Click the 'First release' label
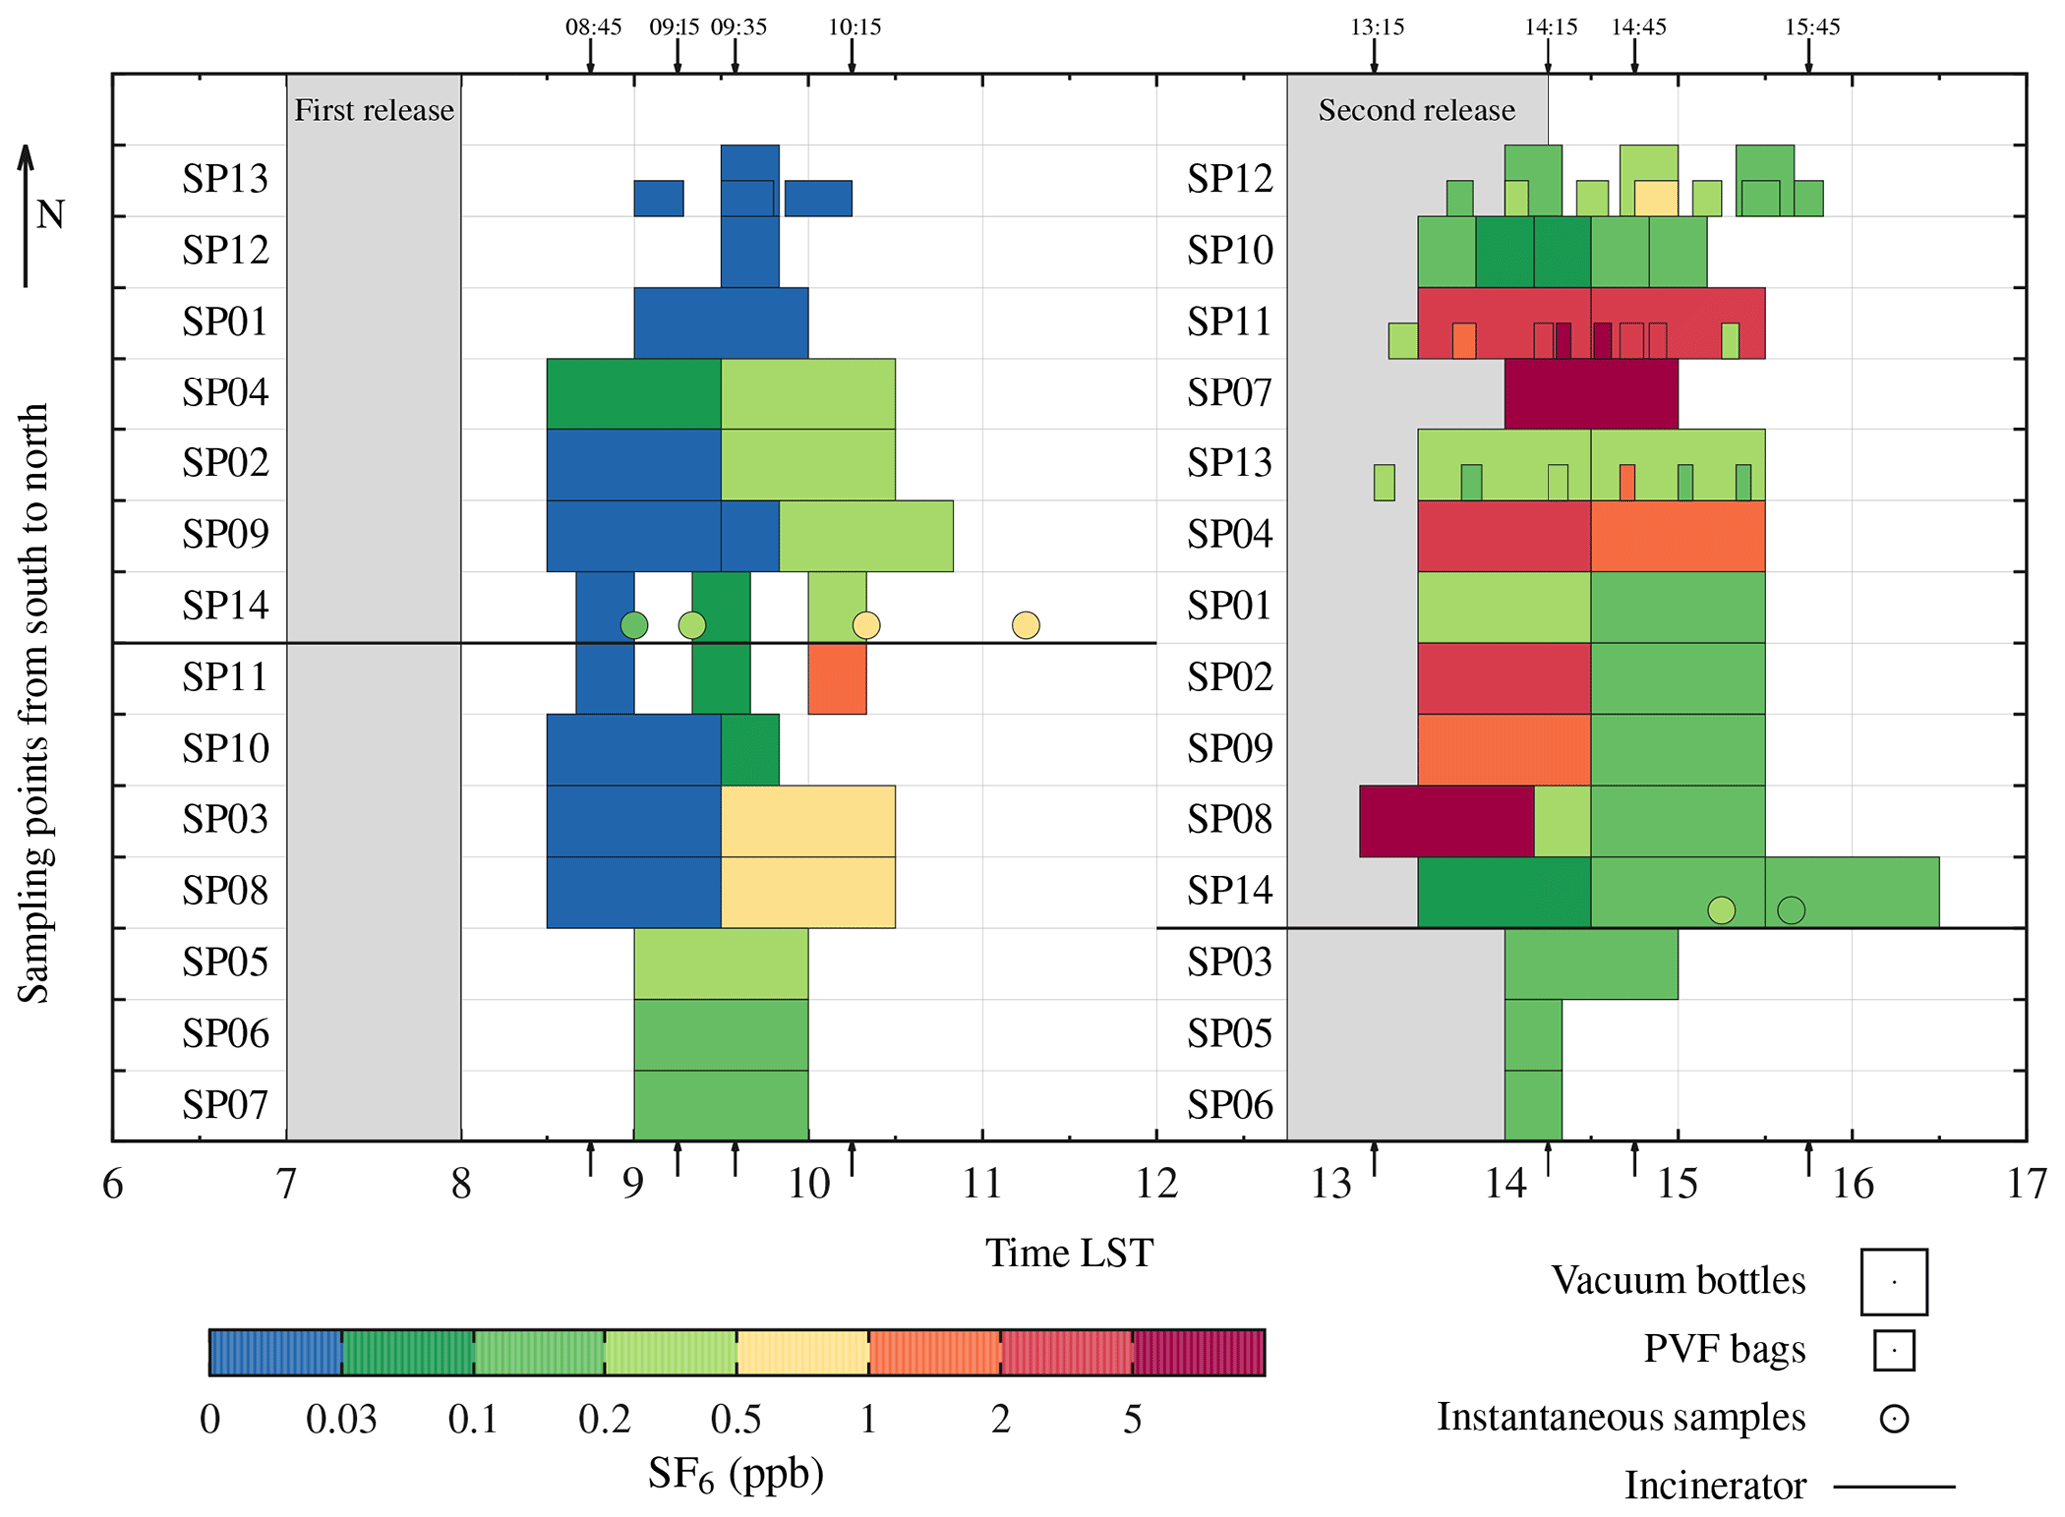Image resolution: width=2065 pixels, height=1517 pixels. tap(374, 110)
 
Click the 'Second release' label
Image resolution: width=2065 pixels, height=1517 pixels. tap(1416, 110)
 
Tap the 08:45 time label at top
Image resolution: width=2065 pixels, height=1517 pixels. tap(593, 27)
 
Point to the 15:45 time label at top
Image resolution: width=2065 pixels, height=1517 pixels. tap(1812, 27)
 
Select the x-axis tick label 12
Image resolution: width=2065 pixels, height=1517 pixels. tap(1156, 1185)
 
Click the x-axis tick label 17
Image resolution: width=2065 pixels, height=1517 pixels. tap(2026, 1185)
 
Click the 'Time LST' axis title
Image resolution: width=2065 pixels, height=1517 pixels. tap(1069, 1253)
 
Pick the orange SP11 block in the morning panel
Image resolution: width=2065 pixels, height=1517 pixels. tap(837, 679)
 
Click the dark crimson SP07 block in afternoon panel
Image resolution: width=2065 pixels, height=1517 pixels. tap(1590, 393)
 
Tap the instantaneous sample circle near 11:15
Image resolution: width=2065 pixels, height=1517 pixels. tap(1026, 625)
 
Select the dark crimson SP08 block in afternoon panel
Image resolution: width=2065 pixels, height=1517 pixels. tap(1446, 821)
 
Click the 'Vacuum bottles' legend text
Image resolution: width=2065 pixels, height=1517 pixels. tap(1678, 1281)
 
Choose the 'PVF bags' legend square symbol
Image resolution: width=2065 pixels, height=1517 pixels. tap(1894, 1350)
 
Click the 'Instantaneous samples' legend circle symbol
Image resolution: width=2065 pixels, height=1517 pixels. tap(1894, 1418)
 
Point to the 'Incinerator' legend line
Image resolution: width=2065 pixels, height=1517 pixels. tap(1894, 1487)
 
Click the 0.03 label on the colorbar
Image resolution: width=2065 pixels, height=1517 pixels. tap(341, 1419)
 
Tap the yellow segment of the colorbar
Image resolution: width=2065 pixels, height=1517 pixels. tap(802, 1353)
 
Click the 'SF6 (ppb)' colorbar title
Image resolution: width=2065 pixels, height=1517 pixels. tap(736, 1474)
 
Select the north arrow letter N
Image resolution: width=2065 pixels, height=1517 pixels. tap(51, 214)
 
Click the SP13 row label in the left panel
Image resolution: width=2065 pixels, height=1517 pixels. tap(225, 179)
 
